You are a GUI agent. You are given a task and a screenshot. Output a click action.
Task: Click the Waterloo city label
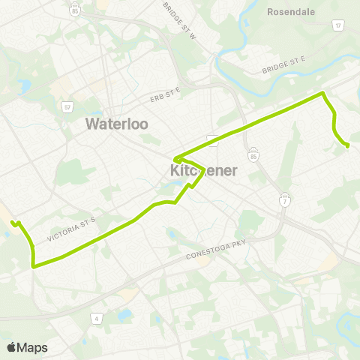coord(117,123)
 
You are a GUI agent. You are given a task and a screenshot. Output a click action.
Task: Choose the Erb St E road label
coord(165,93)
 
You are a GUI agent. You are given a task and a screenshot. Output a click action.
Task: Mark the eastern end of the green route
coord(347,145)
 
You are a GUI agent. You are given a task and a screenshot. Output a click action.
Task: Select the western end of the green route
coord(13,222)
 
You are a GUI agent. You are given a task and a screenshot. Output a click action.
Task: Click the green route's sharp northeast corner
coord(323,94)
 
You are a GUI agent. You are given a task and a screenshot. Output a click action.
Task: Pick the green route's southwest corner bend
coord(34,265)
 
